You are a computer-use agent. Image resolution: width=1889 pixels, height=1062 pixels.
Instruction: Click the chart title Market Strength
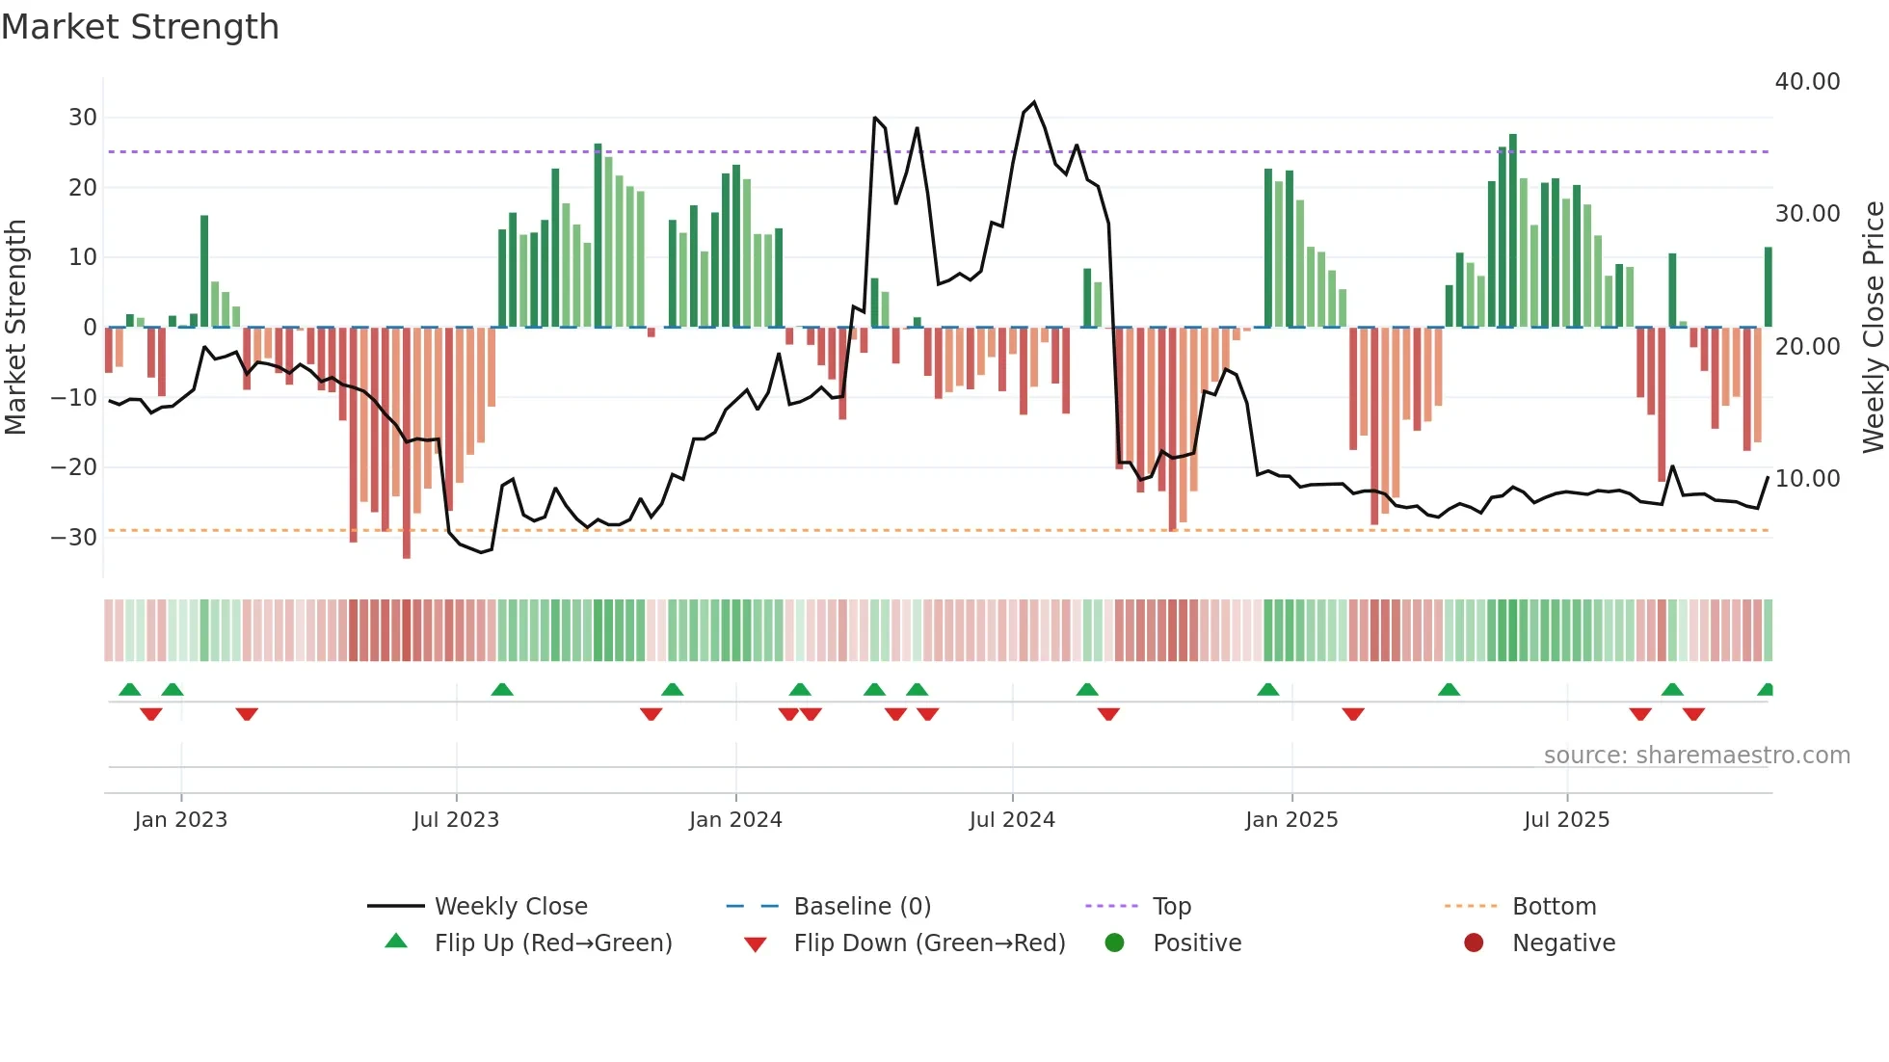coord(140,27)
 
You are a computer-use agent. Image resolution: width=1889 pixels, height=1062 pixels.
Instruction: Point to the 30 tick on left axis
coord(83,118)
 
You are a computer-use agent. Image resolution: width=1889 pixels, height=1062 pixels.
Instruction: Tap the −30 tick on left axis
coord(74,537)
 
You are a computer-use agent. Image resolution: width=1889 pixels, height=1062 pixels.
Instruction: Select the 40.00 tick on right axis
coord(1807,82)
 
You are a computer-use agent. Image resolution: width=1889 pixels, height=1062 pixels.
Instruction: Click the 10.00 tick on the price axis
coord(1807,478)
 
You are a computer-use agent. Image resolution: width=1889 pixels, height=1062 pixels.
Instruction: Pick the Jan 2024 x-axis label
coord(735,820)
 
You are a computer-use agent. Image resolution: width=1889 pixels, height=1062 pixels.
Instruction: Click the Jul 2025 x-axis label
coord(1566,820)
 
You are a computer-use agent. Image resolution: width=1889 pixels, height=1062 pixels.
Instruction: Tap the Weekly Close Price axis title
coord(1873,327)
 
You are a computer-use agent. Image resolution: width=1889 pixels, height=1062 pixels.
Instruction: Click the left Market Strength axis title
coord(16,327)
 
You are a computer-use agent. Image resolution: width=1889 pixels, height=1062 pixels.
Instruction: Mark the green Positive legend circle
coord(1115,943)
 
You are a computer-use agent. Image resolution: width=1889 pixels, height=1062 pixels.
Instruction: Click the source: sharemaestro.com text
coord(1696,756)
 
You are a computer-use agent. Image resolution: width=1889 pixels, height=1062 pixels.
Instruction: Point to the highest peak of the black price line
coord(1034,102)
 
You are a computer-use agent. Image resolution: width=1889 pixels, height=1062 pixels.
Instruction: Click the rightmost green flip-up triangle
coord(1766,689)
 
